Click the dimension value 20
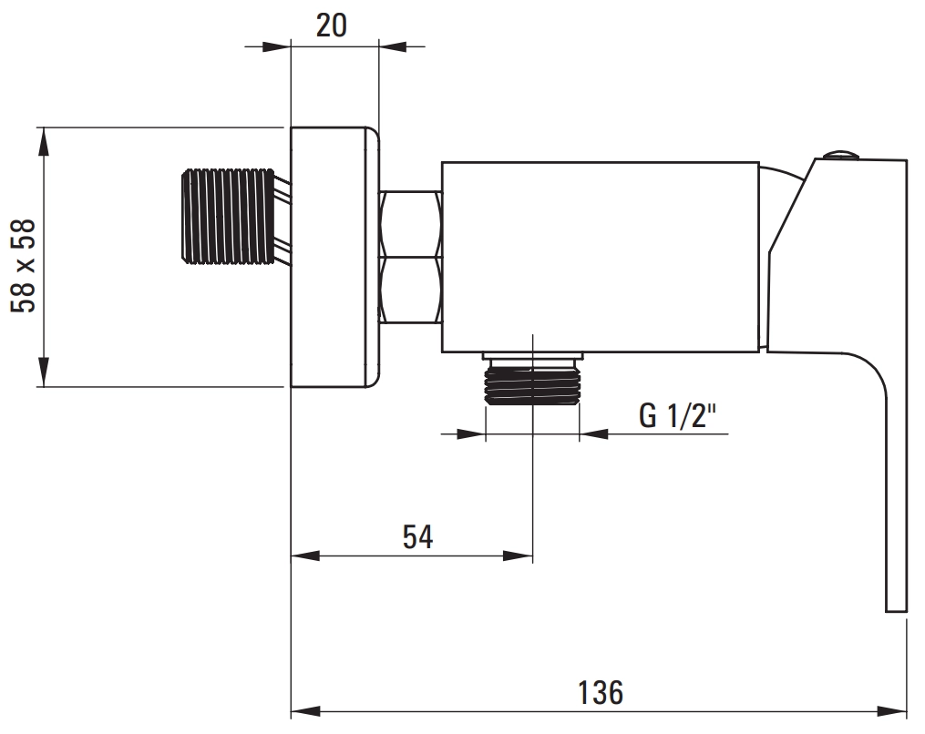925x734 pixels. (x=332, y=25)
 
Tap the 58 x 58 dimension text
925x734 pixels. (x=24, y=266)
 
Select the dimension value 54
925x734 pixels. (x=417, y=537)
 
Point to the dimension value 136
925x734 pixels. (x=600, y=692)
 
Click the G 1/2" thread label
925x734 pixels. (x=677, y=415)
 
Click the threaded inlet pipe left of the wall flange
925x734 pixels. (x=228, y=215)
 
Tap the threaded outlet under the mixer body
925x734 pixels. (x=532, y=382)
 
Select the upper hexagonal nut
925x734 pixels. (x=411, y=224)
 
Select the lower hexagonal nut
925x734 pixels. (x=411, y=291)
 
